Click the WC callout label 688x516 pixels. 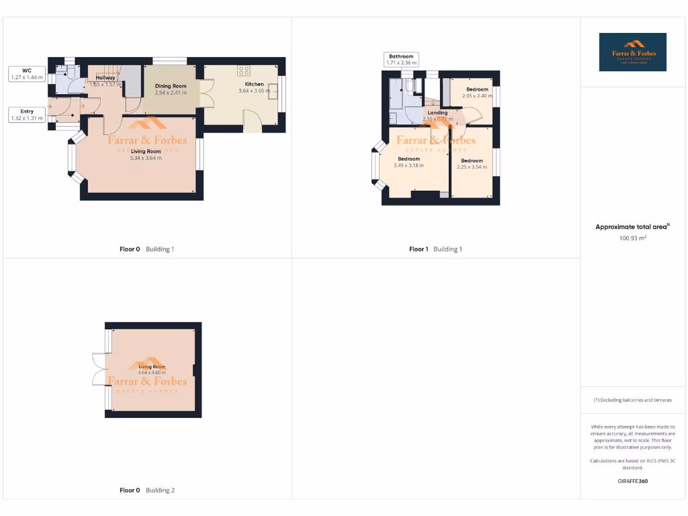[27, 73]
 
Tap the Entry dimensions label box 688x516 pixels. [27, 115]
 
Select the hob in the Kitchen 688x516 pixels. [243, 70]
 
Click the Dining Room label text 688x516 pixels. [171, 86]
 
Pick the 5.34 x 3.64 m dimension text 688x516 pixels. [146, 158]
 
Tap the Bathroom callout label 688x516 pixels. [401, 60]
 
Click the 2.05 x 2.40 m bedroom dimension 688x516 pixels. [477, 95]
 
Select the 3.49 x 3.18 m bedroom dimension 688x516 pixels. [408, 165]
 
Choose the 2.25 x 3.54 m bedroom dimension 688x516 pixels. [471, 167]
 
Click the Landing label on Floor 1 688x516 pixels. [437, 113]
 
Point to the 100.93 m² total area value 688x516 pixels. [632, 238]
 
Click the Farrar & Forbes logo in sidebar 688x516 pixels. [632, 52]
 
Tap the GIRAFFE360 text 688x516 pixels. [632, 481]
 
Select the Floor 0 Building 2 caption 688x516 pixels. [146, 490]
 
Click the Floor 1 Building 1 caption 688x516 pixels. [435, 249]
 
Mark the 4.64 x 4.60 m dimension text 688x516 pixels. [152, 372]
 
